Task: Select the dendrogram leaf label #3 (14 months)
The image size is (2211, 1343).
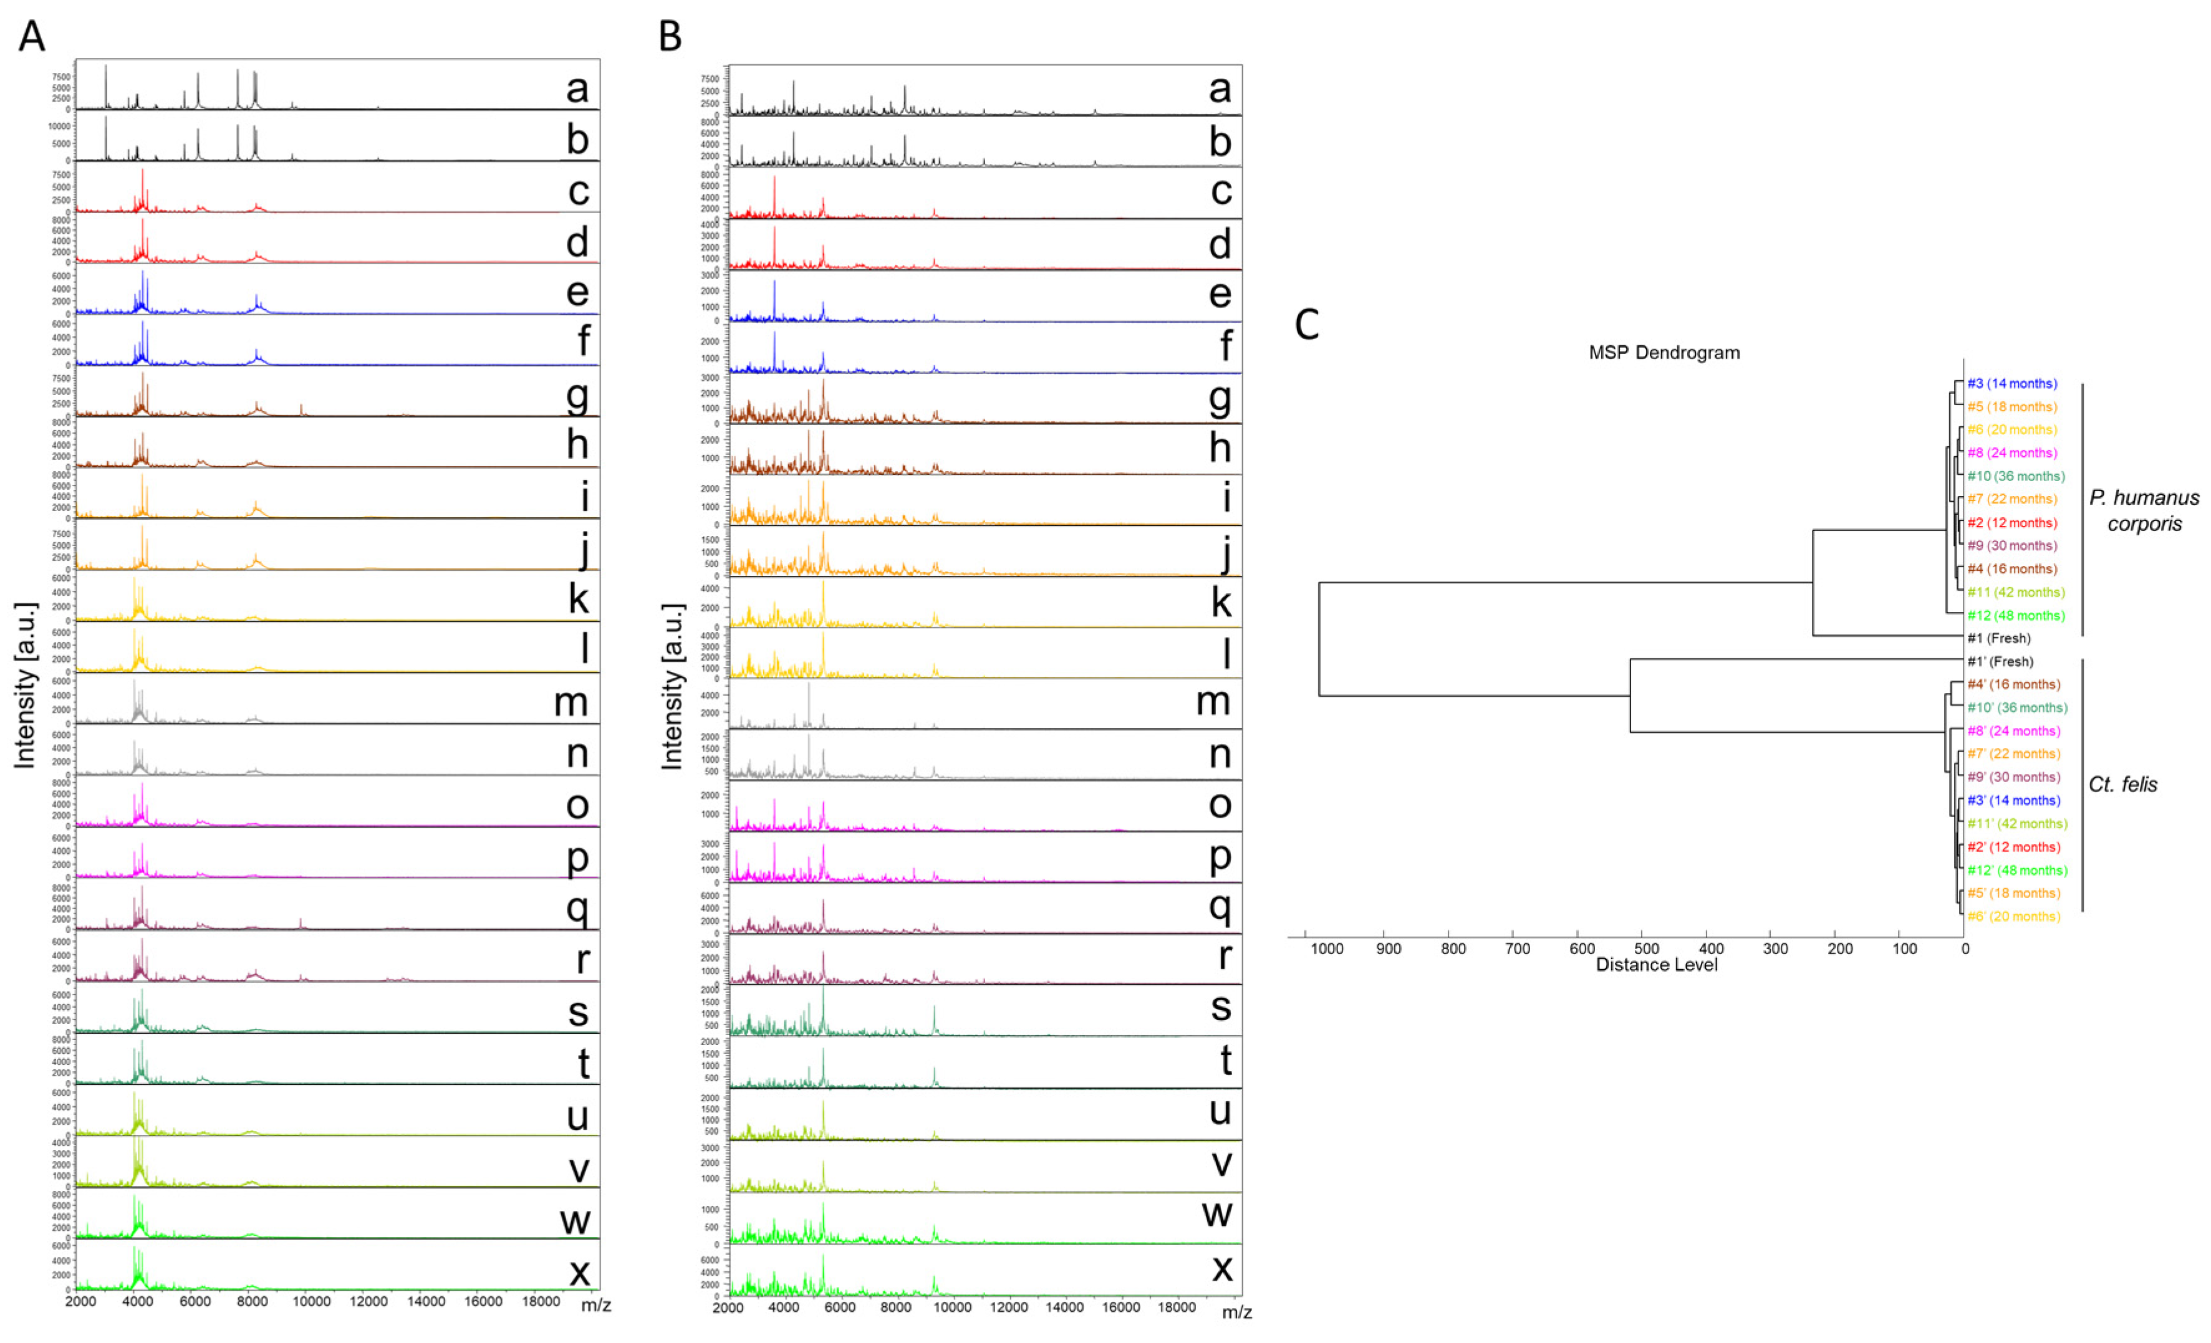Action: click(2012, 384)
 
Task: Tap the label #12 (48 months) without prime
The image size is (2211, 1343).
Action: click(2015, 616)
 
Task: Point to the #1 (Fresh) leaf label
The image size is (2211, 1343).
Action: click(1998, 639)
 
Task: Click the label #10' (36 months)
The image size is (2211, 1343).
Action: click(2017, 708)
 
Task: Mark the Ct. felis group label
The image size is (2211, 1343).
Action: click(2122, 784)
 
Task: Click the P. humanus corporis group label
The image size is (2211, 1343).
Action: click(2144, 510)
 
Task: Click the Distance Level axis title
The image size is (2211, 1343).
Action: click(1657, 965)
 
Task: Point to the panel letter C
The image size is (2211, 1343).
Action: click(1306, 324)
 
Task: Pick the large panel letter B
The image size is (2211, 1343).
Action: click(670, 37)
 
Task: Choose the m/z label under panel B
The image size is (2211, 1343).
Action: click(1236, 1312)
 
